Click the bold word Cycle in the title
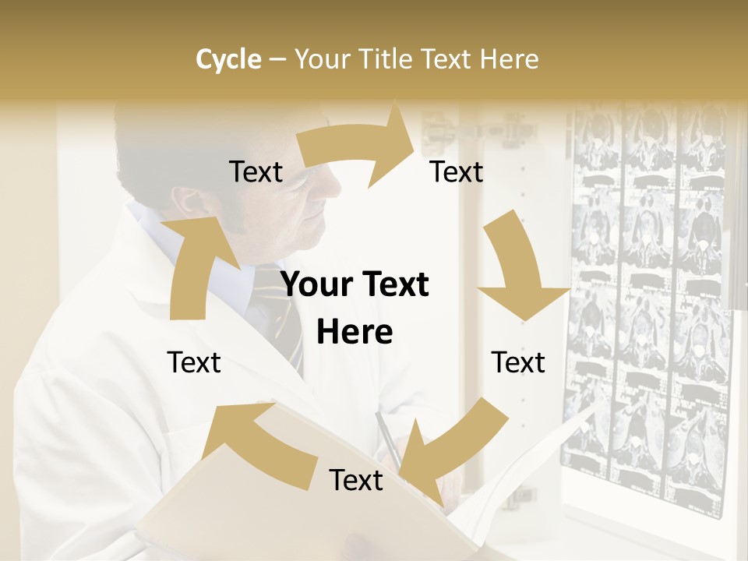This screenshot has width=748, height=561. (x=228, y=59)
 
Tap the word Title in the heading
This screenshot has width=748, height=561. (x=387, y=59)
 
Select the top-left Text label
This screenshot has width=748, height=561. (x=256, y=172)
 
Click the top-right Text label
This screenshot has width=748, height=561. (x=457, y=172)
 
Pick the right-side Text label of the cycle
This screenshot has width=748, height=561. (x=518, y=362)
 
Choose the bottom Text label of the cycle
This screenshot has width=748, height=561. (x=356, y=480)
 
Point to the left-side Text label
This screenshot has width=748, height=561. (x=194, y=362)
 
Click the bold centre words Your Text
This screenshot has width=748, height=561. (x=355, y=285)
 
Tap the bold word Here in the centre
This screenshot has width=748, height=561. (x=355, y=333)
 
